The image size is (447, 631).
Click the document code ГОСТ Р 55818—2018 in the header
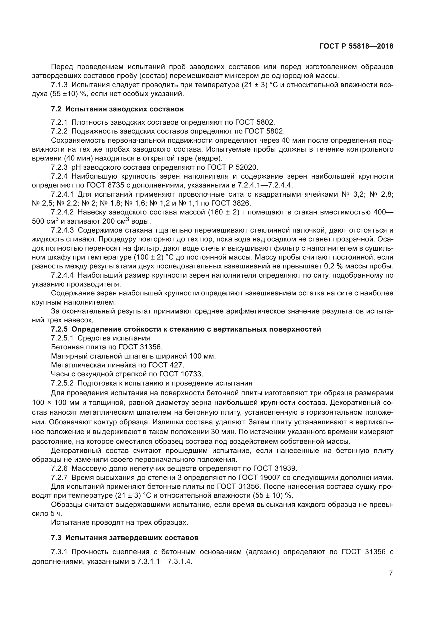356,46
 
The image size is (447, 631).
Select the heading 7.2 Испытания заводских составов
117,109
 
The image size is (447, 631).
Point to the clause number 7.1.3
59,85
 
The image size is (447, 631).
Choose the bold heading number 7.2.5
59,329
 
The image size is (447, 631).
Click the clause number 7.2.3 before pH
59,167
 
